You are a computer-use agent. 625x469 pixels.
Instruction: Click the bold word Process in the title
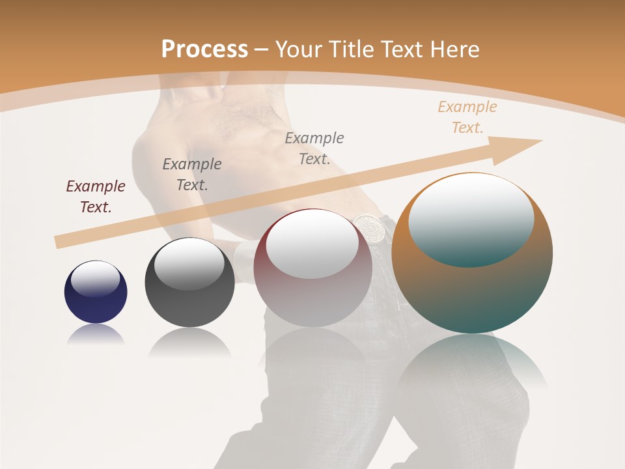tap(204, 49)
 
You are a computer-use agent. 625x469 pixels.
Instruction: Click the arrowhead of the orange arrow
tap(518, 148)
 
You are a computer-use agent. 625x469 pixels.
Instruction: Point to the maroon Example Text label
tap(96, 196)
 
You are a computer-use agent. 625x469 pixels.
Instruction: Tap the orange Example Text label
tap(467, 117)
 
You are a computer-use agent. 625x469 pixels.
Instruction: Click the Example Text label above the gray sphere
tap(192, 174)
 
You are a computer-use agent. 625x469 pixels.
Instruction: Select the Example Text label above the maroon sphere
tap(314, 148)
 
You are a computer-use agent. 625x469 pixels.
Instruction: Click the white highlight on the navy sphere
tap(96, 279)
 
